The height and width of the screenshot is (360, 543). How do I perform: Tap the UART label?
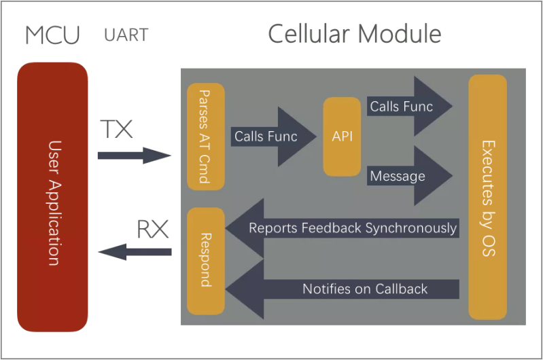(x=126, y=35)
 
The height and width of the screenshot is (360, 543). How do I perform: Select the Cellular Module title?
(x=354, y=34)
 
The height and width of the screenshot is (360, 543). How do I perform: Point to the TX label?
(x=116, y=129)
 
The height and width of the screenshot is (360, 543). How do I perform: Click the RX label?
(x=153, y=230)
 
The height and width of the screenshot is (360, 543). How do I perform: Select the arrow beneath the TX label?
(x=132, y=156)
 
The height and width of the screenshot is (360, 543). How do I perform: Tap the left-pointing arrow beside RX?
(x=134, y=252)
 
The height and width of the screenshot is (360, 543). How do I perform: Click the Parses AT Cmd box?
(x=205, y=137)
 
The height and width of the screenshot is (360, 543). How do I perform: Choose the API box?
(x=342, y=137)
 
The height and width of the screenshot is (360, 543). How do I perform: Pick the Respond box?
(x=205, y=261)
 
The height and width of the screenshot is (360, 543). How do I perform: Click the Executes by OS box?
(x=487, y=197)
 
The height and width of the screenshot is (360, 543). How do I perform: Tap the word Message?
(x=398, y=177)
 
